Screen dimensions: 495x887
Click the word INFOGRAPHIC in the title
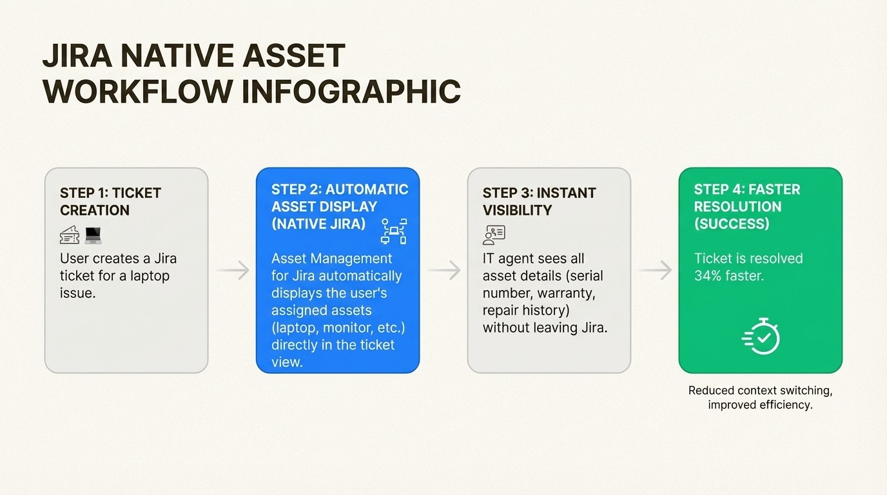pos(351,91)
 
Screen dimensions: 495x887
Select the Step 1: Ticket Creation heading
pos(110,202)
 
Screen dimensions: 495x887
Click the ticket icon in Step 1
pos(70,236)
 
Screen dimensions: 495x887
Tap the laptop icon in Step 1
pos(93,236)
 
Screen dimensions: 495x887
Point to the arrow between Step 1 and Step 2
pos(232,271)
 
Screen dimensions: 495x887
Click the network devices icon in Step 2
pos(394,231)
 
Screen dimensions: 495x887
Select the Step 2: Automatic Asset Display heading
pos(340,206)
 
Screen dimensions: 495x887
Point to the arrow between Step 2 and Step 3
pos(443,271)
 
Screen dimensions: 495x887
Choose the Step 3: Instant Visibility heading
pos(539,202)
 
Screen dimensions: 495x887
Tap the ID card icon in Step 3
pos(494,235)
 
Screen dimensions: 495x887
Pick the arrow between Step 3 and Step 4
pos(655,271)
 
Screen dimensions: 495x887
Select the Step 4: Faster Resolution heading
pos(746,206)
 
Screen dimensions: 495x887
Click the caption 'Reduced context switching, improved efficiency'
pos(760,398)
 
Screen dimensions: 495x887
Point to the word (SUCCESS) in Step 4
pos(732,224)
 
